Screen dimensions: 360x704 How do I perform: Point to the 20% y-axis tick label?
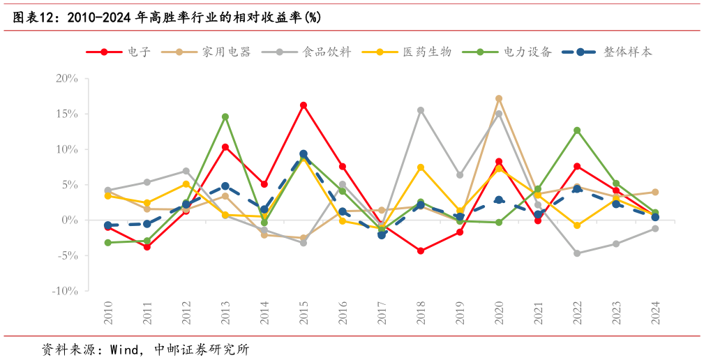coord(67,78)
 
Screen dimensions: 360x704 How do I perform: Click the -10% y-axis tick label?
coord(65,291)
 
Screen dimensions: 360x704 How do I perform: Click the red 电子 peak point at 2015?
coord(304,105)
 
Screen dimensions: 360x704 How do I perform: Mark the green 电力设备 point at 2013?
coord(225,117)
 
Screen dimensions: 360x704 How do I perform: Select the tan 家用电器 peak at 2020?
coord(499,99)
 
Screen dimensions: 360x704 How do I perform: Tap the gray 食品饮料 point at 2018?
coord(421,110)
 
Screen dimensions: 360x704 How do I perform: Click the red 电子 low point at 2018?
coord(421,250)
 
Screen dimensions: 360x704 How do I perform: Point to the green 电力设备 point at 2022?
coord(577,130)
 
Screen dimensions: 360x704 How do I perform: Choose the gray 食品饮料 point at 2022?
coord(577,253)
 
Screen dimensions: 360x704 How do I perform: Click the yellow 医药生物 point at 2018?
coord(421,167)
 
